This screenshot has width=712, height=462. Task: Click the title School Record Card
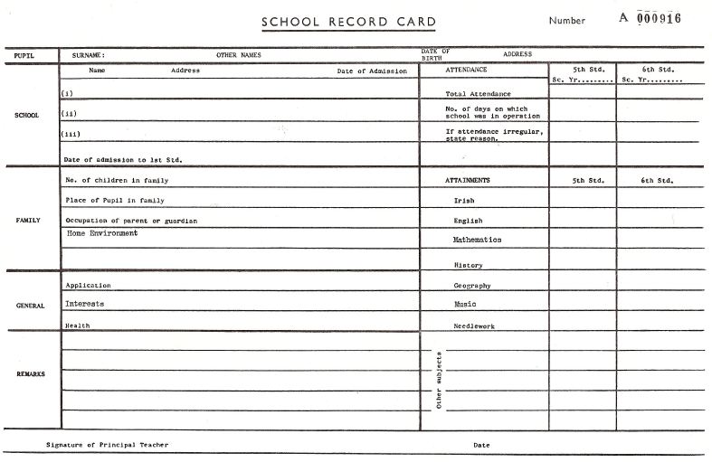pos(348,22)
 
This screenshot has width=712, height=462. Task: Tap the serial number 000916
pos(659,20)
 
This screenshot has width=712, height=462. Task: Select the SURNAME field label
pos(88,55)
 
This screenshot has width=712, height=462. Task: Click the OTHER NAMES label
pos(239,55)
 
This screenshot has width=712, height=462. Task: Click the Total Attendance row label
pos(478,94)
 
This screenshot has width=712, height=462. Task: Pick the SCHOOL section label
pos(26,115)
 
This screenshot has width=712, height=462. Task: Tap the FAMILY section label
pos(27,220)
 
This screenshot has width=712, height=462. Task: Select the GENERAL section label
pos(30,306)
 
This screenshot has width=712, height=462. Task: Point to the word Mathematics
pos(477,240)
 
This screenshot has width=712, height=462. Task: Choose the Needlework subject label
pos(474,325)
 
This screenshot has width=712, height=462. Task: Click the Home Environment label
pos(102,233)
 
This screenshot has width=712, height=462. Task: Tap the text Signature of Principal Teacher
pos(107,445)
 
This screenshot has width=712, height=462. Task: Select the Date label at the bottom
pos(480,445)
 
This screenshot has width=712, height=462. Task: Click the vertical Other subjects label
pos(439,380)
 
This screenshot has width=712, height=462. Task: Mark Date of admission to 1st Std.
pos(123,159)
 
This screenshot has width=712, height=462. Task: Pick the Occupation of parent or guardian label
pos(131,221)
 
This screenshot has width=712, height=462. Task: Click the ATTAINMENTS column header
pos(468,181)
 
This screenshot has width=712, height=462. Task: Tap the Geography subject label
pos(472,286)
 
